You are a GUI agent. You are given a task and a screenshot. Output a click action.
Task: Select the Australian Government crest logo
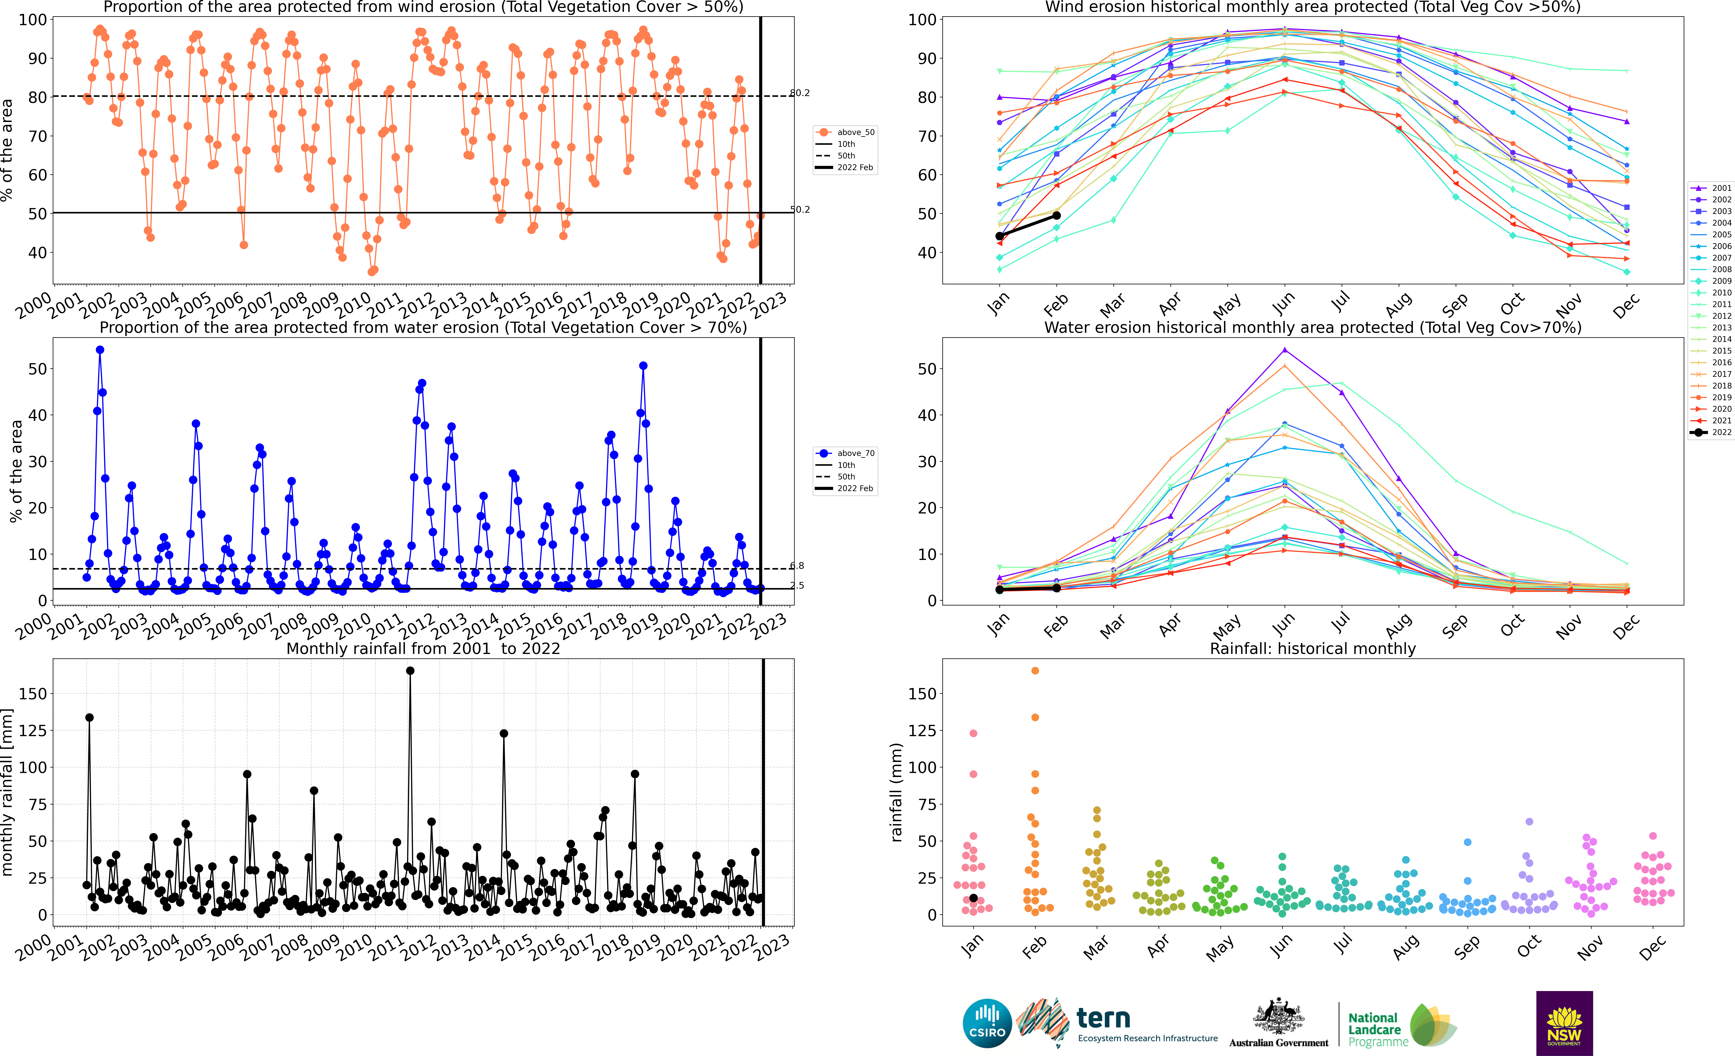(x=1278, y=1017)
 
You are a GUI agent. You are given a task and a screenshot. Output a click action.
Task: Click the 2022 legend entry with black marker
(x=1709, y=432)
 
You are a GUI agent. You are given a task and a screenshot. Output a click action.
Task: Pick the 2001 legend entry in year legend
(x=1709, y=188)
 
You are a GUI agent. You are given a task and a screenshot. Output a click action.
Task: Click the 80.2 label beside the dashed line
(x=800, y=93)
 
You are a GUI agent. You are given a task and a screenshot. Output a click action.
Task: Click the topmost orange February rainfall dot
(x=1035, y=671)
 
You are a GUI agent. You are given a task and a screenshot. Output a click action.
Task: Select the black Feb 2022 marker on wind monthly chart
(x=1056, y=215)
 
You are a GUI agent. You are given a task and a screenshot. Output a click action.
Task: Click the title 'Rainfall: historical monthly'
(x=1313, y=648)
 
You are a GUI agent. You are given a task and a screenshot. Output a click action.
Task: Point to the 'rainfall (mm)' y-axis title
(x=896, y=792)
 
